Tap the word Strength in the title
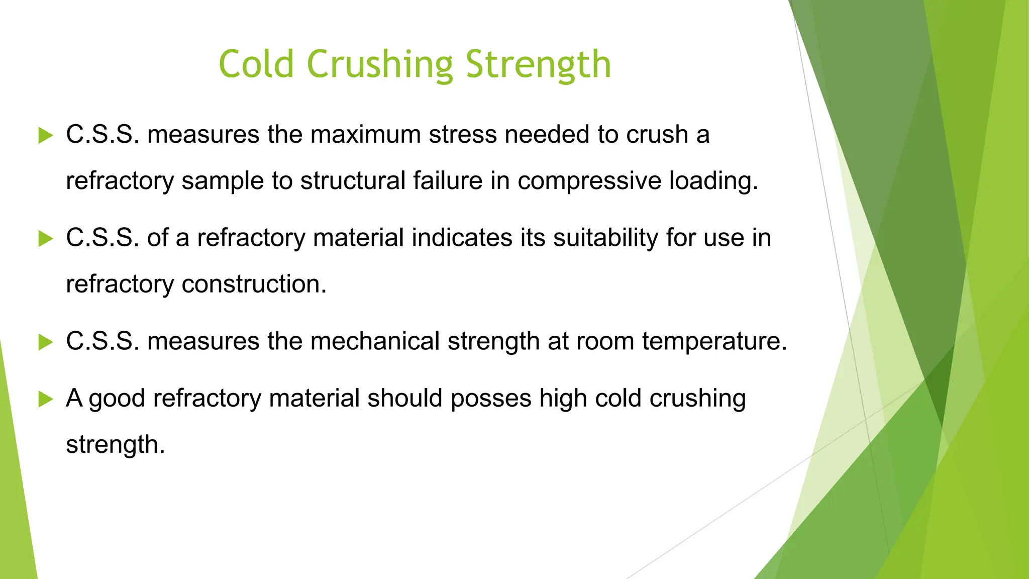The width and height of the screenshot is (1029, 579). (x=538, y=65)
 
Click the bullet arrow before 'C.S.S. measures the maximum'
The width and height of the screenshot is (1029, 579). (x=46, y=135)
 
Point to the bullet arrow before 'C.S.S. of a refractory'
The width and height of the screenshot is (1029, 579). (x=46, y=239)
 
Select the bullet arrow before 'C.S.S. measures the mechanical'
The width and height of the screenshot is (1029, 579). (x=46, y=342)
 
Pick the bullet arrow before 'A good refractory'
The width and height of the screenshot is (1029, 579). (x=46, y=400)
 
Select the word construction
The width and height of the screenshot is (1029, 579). (x=254, y=284)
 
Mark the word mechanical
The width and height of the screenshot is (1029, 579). (x=375, y=341)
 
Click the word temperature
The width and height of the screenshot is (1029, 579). (x=714, y=342)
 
